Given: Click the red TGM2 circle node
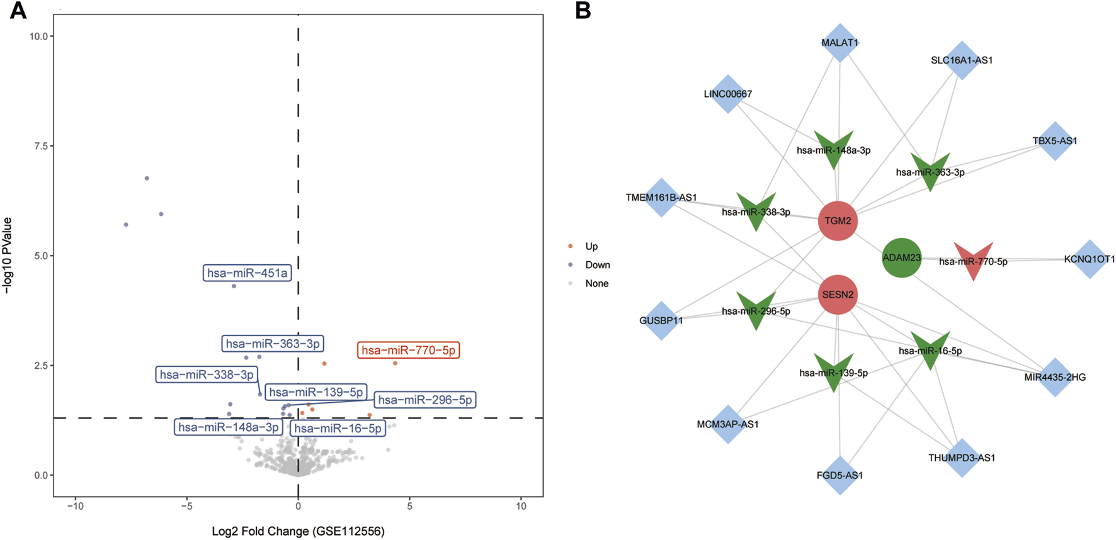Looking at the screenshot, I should [x=838, y=221].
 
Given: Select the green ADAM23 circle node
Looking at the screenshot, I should [x=902, y=257].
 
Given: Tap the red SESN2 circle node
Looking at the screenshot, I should [x=838, y=295].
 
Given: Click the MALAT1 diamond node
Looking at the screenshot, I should [x=840, y=43].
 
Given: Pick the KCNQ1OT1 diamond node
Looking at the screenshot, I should [x=1089, y=259].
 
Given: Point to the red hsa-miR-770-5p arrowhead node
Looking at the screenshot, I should [x=973, y=258].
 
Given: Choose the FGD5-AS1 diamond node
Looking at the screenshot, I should [x=840, y=475].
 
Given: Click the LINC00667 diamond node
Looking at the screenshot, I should [x=728, y=94].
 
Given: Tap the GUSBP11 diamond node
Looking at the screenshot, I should [x=661, y=320].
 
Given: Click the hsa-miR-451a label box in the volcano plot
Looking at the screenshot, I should [x=248, y=273].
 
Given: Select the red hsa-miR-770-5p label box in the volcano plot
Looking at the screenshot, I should [x=408, y=351].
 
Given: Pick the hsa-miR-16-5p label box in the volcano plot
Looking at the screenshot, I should [x=338, y=429].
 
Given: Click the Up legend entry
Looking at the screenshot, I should [x=591, y=247].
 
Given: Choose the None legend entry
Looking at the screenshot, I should [x=596, y=284].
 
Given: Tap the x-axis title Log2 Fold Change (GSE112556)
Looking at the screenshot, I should [x=298, y=531].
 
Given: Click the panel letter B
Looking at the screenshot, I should [x=583, y=11].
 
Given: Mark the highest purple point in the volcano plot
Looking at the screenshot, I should [x=147, y=179].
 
